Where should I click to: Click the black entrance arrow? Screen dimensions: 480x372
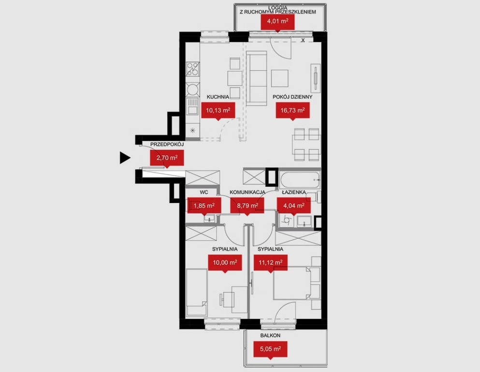click(125, 157)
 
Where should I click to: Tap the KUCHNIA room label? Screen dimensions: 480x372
click(218, 97)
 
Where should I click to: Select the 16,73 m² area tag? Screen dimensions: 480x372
click(292, 110)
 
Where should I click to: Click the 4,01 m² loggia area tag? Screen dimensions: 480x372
click(277, 22)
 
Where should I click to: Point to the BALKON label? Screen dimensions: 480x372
click(270, 336)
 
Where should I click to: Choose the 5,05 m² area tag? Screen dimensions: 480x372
click(271, 349)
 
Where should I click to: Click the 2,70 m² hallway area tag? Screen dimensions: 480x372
click(167, 158)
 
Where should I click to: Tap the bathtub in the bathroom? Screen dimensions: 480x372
click(300, 180)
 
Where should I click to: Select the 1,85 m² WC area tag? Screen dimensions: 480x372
click(204, 205)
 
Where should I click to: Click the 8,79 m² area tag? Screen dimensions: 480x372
click(247, 205)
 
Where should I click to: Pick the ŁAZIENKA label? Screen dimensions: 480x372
click(294, 192)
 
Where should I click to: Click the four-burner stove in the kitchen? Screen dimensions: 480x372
click(193, 69)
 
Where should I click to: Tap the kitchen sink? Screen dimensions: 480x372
click(193, 106)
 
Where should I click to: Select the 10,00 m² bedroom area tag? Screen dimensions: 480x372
click(225, 263)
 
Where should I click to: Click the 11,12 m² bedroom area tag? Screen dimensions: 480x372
click(271, 263)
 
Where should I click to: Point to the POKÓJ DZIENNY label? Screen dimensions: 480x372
click(292, 97)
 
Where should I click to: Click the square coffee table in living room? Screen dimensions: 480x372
click(280, 78)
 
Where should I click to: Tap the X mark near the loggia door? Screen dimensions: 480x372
click(303, 40)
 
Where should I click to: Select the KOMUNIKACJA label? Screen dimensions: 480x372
click(247, 192)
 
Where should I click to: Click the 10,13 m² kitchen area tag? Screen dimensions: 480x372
click(218, 110)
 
